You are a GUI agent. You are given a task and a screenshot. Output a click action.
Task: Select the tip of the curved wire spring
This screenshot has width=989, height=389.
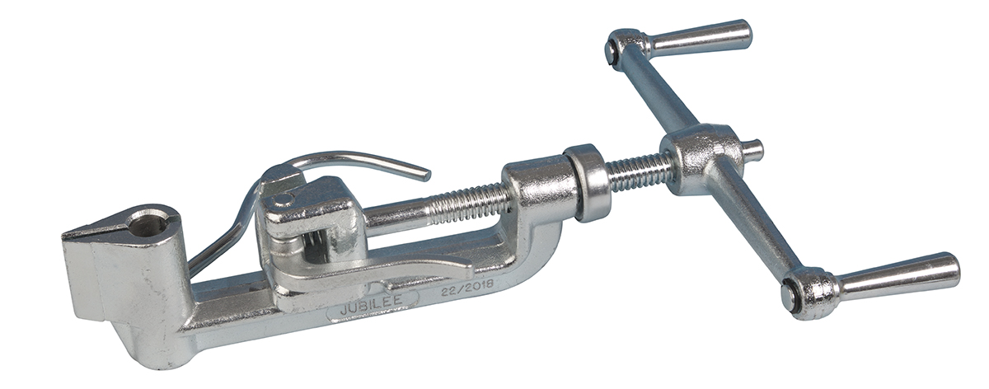tap(427, 176)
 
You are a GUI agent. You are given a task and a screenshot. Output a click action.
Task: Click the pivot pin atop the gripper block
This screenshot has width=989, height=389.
tap(282, 201)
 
